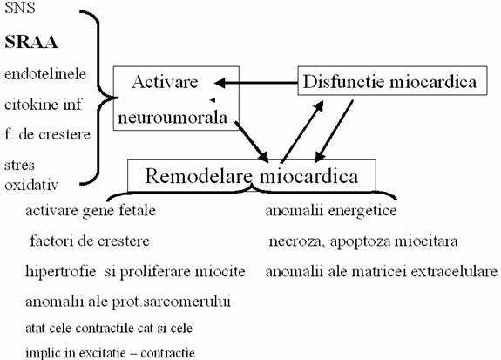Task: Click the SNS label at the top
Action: tap(19, 8)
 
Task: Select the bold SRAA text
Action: tap(31, 42)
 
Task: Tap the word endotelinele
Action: tap(45, 74)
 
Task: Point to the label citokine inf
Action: tap(43, 105)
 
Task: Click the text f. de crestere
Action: tap(47, 134)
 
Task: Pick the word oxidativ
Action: tap(31, 185)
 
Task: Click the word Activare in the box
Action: tap(165, 82)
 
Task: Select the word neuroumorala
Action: tap(173, 118)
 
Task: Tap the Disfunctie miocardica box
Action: tap(392, 80)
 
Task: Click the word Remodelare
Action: tap(199, 176)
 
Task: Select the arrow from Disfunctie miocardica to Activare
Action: tap(256, 83)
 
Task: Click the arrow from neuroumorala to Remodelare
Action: tap(252, 141)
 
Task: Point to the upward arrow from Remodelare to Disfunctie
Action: tap(302, 132)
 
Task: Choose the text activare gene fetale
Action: tap(91, 211)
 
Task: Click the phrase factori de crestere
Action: tap(90, 241)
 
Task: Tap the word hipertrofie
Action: tap(61, 272)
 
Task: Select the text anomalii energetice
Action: tap(331, 211)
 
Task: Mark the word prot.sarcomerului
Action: tap(172, 302)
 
